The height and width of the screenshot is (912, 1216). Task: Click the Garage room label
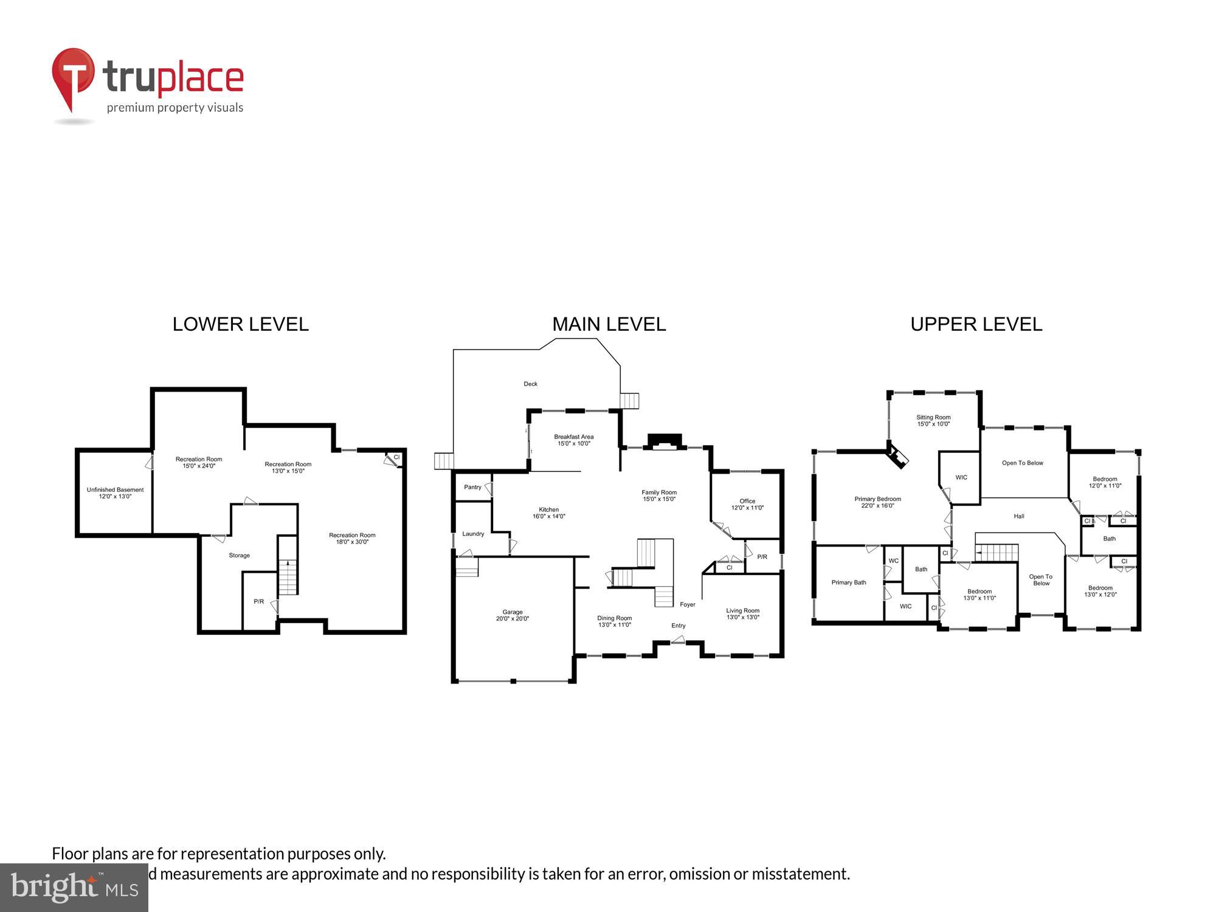pyautogui.click(x=513, y=612)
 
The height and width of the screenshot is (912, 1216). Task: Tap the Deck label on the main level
pyautogui.click(x=530, y=384)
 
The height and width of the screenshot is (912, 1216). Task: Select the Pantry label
pyautogui.click(x=472, y=487)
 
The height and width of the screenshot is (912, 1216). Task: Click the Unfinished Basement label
pyautogui.click(x=115, y=489)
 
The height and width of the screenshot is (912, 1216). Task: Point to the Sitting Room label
pyautogui.click(x=933, y=417)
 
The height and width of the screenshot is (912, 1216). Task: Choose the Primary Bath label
pyautogui.click(x=848, y=582)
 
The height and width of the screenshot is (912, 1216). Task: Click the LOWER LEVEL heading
pyautogui.click(x=240, y=324)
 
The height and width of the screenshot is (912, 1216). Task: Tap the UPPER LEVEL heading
pyautogui.click(x=976, y=324)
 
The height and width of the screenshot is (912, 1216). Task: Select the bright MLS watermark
pyautogui.click(x=74, y=888)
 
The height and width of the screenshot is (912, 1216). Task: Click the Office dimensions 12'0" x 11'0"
pyautogui.click(x=747, y=508)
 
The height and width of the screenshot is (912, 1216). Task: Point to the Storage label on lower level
pyautogui.click(x=239, y=555)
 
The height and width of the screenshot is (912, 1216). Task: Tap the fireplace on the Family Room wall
pyautogui.click(x=665, y=441)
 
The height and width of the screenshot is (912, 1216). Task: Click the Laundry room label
pyautogui.click(x=473, y=534)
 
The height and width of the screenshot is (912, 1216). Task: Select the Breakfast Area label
pyautogui.click(x=573, y=437)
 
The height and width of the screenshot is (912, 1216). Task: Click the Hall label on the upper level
pyautogui.click(x=1019, y=516)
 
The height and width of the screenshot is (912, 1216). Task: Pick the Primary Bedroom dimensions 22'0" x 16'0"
pyautogui.click(x=877, y=506)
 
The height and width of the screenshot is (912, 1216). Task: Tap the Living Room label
pyautogui.click(x=742, y=610)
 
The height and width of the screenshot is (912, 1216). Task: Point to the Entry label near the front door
pyautogui.click(x=679, y=626)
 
